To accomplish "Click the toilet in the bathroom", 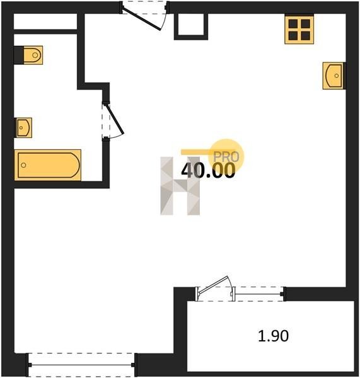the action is (x=33, y=55).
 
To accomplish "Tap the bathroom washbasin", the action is (x=23, y=127).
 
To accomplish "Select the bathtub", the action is (x=47, y=165).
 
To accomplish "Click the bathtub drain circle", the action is (x=23, y=165).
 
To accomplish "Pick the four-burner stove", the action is (x=299, y=30).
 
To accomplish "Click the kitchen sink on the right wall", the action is (x=334, y=76).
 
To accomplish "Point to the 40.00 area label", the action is (x=208, y=170).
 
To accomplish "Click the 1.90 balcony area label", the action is (x=273, y=336).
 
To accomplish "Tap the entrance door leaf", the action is (x=141, y=20).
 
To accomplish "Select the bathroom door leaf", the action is (x=115, y=119).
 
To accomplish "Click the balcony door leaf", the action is (x=213, y=285).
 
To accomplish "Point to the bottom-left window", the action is (x=81, y=365).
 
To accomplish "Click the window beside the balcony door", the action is (x=258, y=294).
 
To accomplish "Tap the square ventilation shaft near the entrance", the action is (x=191, y=26).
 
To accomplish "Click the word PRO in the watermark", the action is (x=226, y=157).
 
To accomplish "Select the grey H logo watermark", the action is (x=180, y=186).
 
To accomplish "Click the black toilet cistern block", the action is (x=18, y=55).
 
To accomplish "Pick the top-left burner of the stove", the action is (x=293, y=24).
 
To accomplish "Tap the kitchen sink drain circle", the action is (x=336, y=76).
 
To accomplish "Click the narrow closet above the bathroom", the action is (x=45, y=21).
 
